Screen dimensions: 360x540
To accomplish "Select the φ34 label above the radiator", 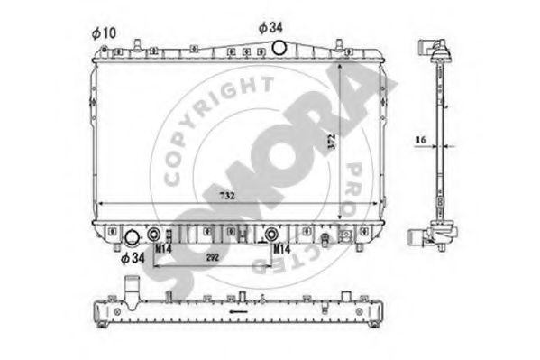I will (x=271, y=28).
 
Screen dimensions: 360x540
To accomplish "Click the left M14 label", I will (x=163, y=246).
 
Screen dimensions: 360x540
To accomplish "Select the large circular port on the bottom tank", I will (x=132, y=239).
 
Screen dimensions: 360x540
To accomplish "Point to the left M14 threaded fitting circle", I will (x=164, y=233).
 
